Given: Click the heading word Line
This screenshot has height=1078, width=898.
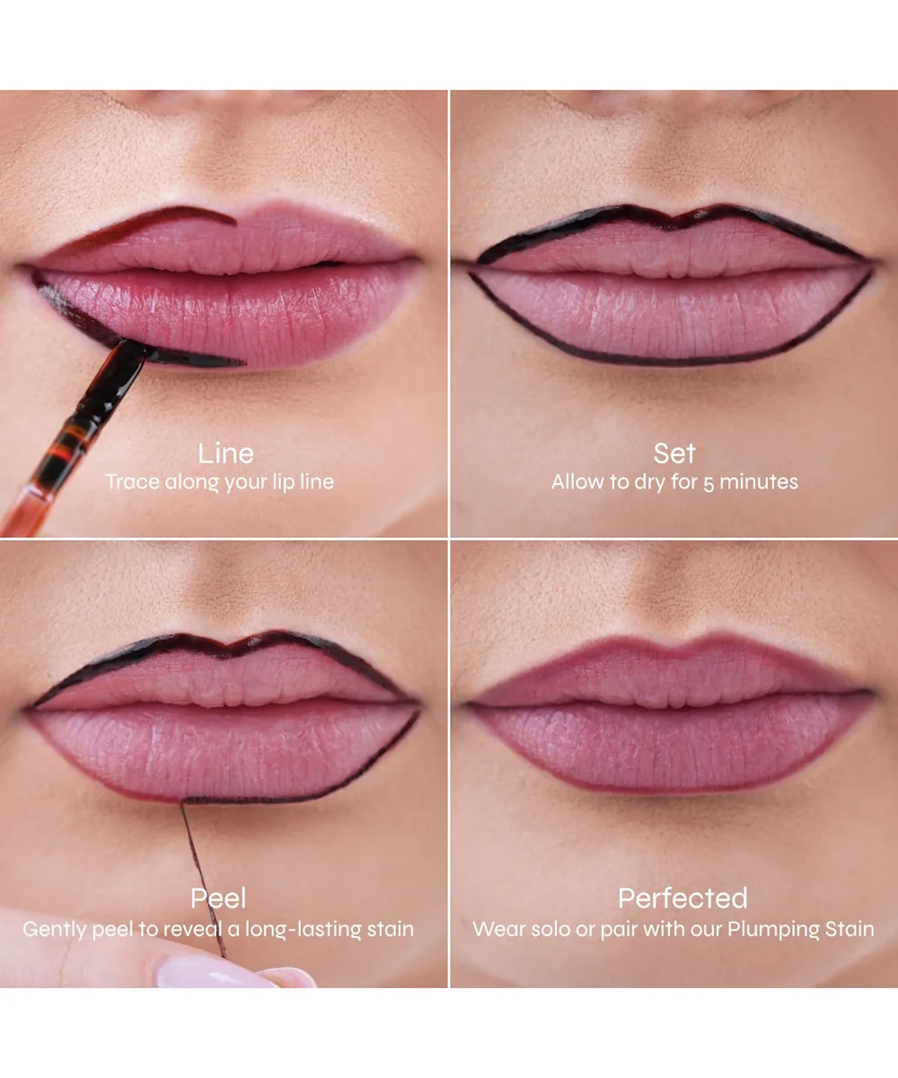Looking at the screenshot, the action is tap(226, 454).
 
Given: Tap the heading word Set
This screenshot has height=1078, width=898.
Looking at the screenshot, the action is tap(674, 454).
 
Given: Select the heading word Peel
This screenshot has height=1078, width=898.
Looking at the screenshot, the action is tap(218, 897).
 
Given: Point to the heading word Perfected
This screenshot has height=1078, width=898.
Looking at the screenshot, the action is tap(682, 897).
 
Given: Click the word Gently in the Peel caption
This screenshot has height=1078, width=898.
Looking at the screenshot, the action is tap(55, 930).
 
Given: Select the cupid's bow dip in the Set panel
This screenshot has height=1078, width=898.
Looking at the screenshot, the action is tap(673, 225).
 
